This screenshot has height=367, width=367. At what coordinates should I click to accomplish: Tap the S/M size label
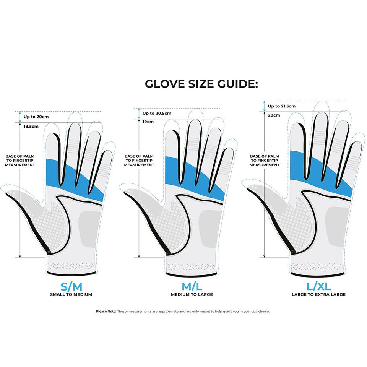pyautogui.click(x=71, y=286)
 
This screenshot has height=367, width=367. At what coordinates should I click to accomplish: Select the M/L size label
pyautogui.click(x=192, y=286)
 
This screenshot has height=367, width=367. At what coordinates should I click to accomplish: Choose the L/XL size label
pyautogui.click(x=318, y=286)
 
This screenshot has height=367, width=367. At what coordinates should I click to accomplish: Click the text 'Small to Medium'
pyautogui.click(x=71, y=294)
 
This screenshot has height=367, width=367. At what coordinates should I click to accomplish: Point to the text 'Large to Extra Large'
pyautogui.click(x=318, y=294)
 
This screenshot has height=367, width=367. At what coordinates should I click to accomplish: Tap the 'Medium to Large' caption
pyautogui.click(x=192, y=294)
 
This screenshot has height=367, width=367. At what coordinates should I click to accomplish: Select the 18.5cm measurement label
pyautogui.click(x=31, y=126)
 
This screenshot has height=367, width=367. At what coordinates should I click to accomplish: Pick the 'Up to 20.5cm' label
pyautogui.click(x=157, y=113)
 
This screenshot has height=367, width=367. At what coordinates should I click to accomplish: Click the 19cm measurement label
pyautogui.click(x=148, y=122)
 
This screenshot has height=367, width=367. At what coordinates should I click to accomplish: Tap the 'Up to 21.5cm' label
pyautogui.click(x=281, y=106)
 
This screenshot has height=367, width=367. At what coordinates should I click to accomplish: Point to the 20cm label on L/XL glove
pyautogui.click(x=273, y=115)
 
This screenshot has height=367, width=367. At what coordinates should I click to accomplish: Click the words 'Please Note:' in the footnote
pyautogui.click(x=106, y=311)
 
